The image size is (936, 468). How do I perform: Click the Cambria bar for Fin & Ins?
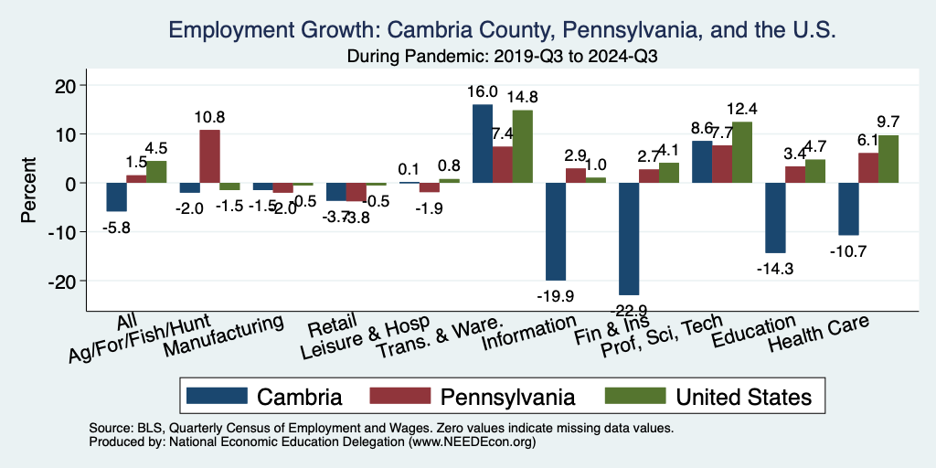click(629, 239)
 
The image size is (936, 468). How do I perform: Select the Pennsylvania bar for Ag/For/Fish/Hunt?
click(209, 156)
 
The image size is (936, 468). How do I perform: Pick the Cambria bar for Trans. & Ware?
click(483, 144)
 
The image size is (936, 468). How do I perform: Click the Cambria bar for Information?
click(556, 231)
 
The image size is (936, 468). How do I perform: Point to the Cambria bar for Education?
click(775, 218)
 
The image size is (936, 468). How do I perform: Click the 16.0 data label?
click(483, 92)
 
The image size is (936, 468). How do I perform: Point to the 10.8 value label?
click(209, 117)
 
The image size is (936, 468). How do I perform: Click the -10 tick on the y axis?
click(67, 232)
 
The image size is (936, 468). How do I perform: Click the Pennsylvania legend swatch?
click(399, 396)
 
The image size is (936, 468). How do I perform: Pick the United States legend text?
click(743, 397)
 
